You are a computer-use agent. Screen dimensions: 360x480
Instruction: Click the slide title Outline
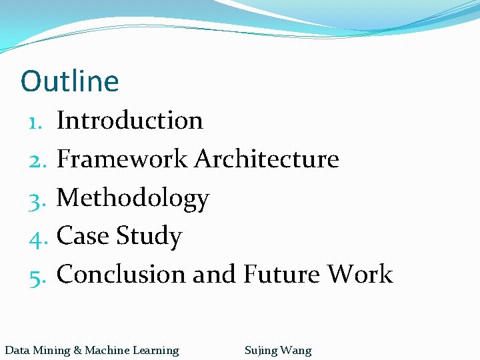click(70, 81)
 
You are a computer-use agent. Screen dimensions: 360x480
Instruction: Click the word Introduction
click(130, 121)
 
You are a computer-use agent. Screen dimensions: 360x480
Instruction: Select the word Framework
click(123, 159)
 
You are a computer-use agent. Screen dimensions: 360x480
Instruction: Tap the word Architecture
click(267, 159)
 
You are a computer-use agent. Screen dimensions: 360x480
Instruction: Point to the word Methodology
click(133, 198)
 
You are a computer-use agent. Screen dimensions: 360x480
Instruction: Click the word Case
click(83, 236)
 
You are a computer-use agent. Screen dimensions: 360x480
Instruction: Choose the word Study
click(149, 237)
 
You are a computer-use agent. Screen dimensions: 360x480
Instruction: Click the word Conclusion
click(121, 274)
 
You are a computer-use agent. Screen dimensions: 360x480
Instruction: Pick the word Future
click(281, 274)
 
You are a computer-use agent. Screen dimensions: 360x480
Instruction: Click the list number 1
click(36, 121)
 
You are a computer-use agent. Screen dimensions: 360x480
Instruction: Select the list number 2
click(36, 160)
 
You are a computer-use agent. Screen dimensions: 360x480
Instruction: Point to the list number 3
click(36, 199)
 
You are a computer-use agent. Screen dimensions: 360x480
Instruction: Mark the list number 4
click(36, 237)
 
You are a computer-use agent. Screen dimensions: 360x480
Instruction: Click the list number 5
click(36, 275)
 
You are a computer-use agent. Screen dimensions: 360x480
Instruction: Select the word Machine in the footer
click(107, 350)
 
